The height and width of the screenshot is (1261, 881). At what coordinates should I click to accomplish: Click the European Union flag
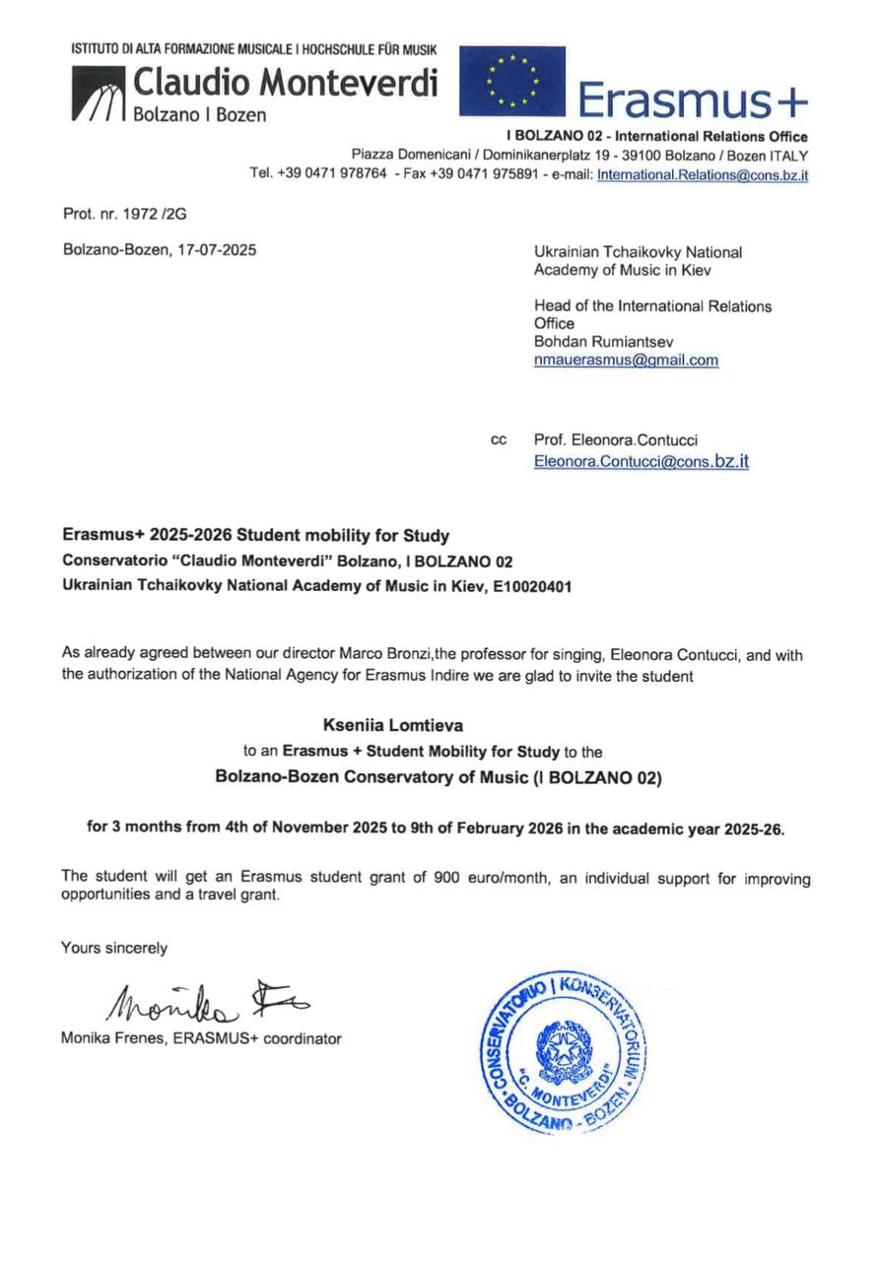tap(512, 81)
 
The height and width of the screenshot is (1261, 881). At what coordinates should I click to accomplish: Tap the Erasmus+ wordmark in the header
tap(691, 100)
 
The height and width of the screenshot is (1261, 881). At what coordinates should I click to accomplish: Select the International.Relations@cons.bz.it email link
tap(703, 174)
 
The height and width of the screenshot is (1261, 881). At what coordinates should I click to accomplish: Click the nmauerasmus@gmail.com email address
tap(626, 360)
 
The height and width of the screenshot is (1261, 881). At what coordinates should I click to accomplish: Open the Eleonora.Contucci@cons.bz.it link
tap(641, 460)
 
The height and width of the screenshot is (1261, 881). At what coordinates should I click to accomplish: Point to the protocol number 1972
tap(126, 212)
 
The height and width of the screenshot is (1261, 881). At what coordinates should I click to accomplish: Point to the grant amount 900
tap(445, 877)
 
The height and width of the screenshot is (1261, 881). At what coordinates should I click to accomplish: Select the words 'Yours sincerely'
tap(114, 948)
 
